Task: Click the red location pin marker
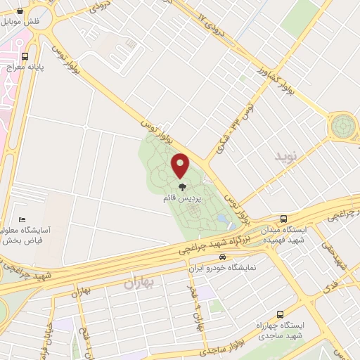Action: point(181,165)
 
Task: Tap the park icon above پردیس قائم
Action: point(181,187)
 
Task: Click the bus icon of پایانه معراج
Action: point(25,56)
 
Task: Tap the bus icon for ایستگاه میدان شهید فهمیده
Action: point(283,219)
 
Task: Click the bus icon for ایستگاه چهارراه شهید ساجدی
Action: point(280,314)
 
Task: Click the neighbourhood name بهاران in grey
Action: point(138,283)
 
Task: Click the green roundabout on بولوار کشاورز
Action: point(344,127)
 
